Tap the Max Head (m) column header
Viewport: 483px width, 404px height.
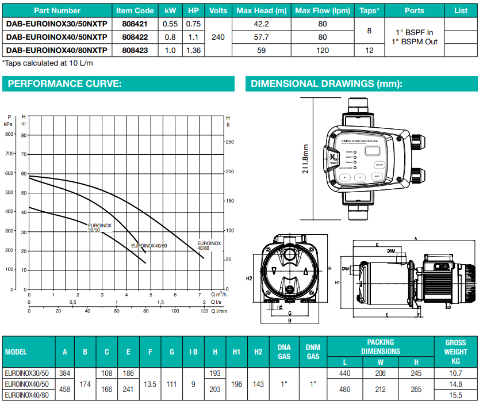click(x=261, y=10)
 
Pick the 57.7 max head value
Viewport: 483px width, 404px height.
click(x=261, y=37)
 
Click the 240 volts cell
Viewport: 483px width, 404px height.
click(x=218, y=37)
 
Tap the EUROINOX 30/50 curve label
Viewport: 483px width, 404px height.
click(x=99, y=228)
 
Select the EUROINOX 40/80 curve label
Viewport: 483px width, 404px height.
click(x=209, y=246)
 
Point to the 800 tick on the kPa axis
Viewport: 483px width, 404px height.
click(x=10, y=135)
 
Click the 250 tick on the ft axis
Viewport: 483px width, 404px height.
click(x=230, y=142)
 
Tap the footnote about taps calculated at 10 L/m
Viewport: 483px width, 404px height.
click(x=48, y=63)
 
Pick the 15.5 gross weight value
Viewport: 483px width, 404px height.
click(x=455, y=395)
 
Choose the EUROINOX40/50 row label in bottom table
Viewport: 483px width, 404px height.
click(x=26, y=384)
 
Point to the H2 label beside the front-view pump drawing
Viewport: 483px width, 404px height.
click(x=249, y=279)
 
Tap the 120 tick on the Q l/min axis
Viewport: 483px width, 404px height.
click(x=204, y=311)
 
